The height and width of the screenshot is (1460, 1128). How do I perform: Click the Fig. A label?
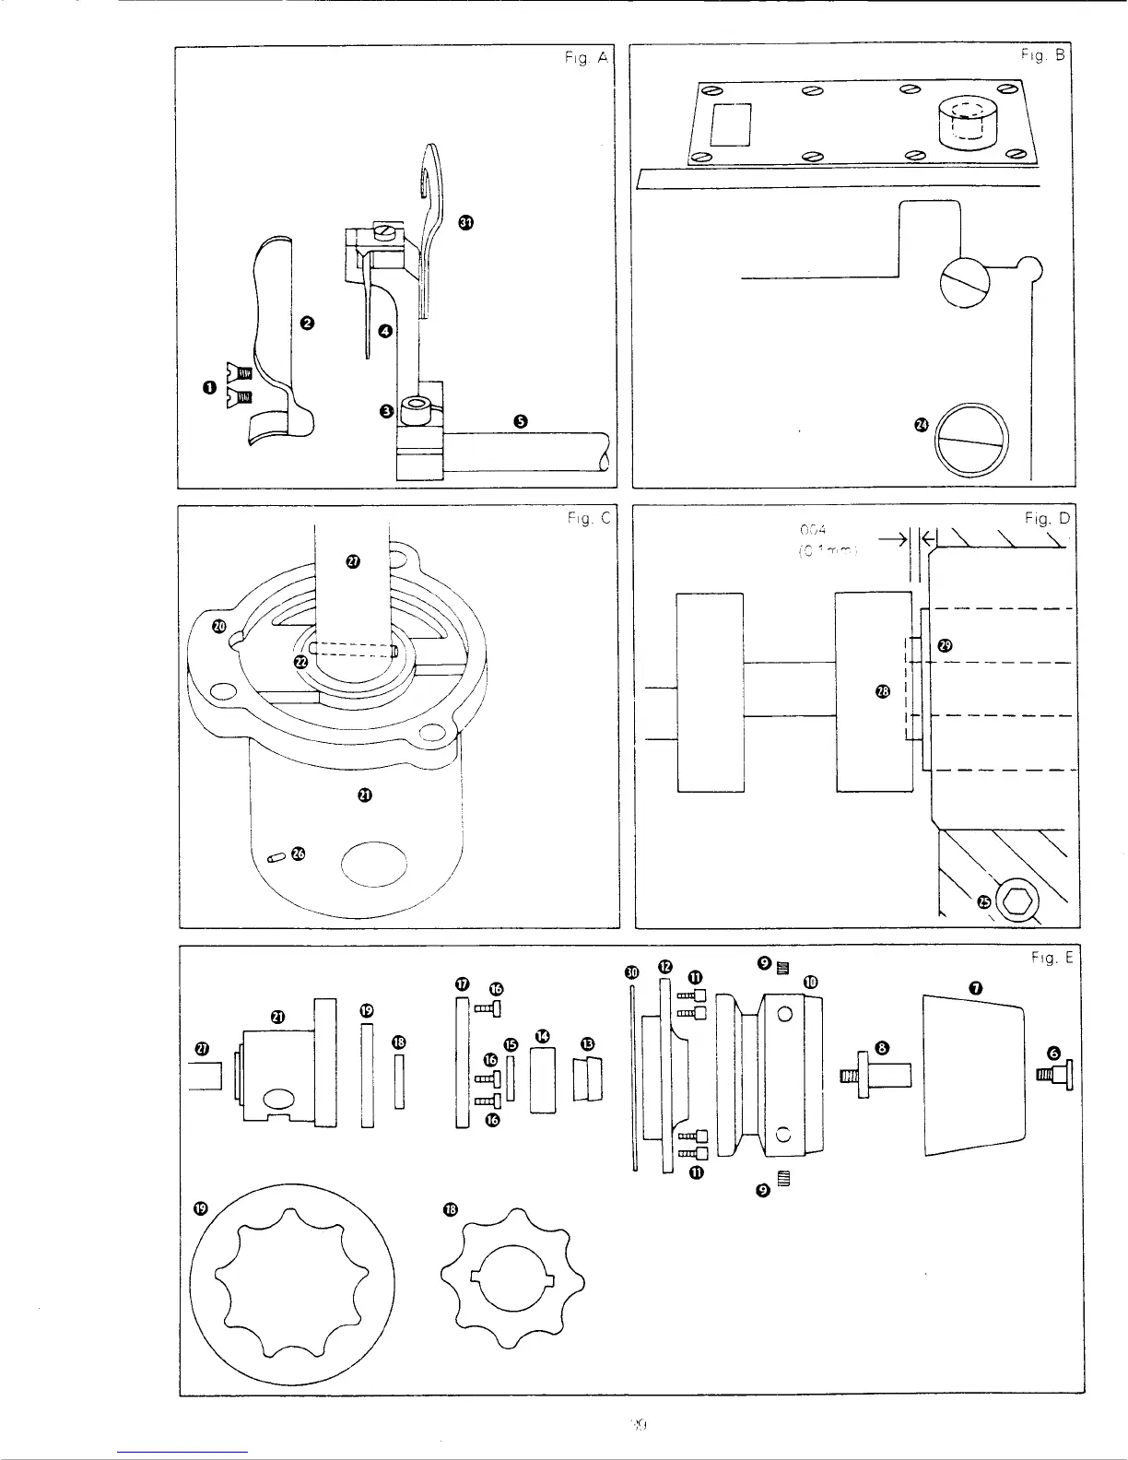585,57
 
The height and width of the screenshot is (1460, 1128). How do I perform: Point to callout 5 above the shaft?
520,421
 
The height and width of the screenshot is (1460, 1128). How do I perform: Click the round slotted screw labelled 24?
973,440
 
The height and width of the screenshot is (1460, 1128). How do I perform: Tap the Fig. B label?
1041,55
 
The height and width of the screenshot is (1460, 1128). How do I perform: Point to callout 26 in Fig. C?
297,854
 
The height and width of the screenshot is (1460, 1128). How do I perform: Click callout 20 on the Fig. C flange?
218,627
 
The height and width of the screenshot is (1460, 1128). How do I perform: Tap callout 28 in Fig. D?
882,691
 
